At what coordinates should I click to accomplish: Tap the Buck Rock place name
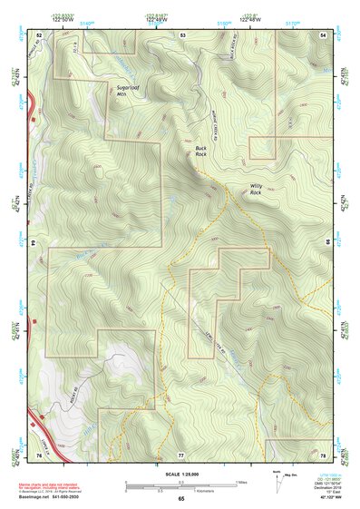pos(201,151)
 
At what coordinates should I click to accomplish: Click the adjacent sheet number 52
pos(39,34)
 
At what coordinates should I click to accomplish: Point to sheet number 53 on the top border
pos(181,34)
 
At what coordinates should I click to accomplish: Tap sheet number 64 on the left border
pos(34,244)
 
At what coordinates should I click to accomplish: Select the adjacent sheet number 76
pos(39,454)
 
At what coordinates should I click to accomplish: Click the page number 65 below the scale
pos(180,499)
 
